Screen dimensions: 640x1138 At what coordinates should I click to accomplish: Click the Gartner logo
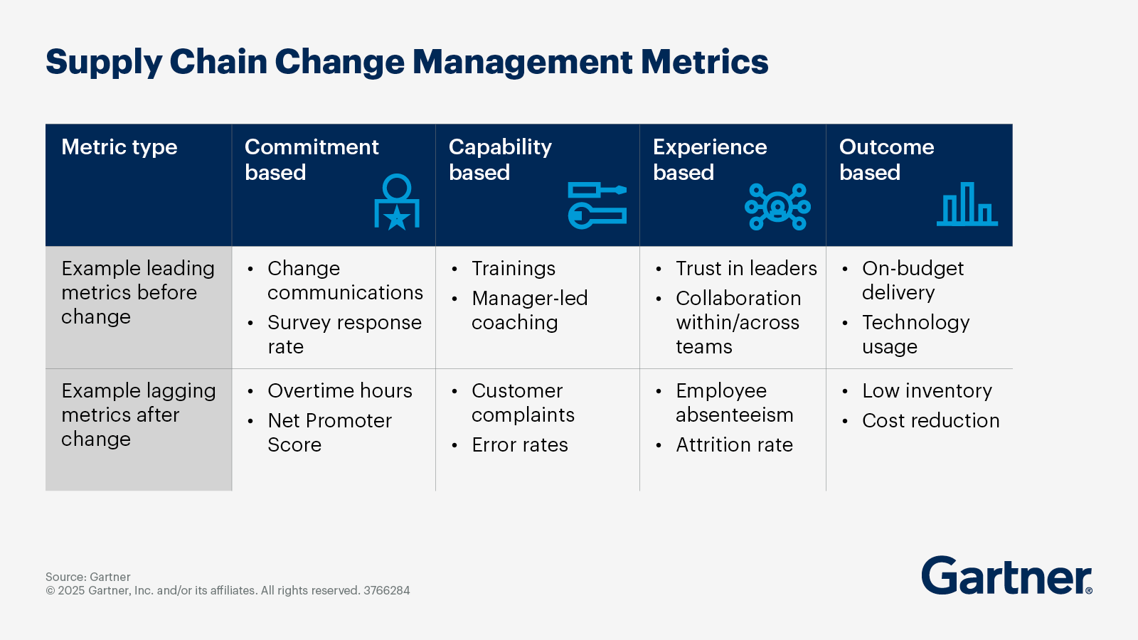(1006, 576)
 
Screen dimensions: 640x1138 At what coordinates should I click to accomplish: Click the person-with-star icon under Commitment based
(396, 203)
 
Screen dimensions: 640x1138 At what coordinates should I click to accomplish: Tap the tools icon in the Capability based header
(597, 206)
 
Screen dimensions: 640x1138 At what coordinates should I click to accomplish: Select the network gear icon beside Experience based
(777, 207)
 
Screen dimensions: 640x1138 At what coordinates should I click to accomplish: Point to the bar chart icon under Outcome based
(967, 206)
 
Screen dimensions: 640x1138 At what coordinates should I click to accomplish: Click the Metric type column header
(119, 147)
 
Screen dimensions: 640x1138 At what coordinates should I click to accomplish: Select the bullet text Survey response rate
(344, 334)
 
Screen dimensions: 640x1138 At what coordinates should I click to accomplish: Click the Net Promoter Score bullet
(329, 432)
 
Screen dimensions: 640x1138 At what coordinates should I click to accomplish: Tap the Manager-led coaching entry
(529, 310)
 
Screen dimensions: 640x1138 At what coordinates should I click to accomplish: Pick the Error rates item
(519, 445)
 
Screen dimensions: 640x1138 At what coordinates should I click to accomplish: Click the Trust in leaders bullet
(746, 269)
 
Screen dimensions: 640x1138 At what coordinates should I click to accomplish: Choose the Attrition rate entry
(734, 445)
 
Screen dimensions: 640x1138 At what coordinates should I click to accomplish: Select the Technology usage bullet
(915, 334)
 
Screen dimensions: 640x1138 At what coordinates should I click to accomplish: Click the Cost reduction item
(930, 421)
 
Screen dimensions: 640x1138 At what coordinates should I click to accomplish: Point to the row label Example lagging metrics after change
(138, 415)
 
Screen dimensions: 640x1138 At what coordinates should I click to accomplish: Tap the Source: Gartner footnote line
(88, 577)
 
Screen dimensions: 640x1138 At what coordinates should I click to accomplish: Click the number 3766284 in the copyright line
(386, 590)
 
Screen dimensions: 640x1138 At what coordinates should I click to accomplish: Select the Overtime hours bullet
(339, 391)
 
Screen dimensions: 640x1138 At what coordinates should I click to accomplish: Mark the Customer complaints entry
(523, 402)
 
